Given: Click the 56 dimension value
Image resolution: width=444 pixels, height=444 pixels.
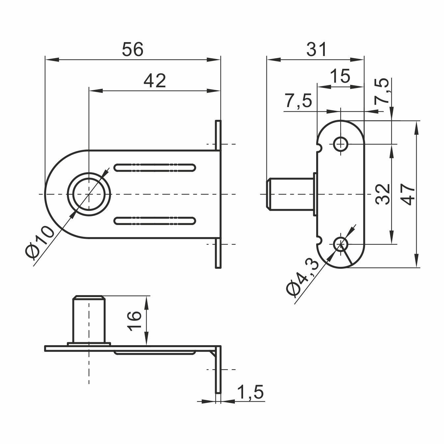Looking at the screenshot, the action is tap(132, 49).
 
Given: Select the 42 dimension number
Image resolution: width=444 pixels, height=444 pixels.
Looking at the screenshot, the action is tap(154, 81).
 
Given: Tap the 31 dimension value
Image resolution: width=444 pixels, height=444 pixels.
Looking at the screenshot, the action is tap(317, 49).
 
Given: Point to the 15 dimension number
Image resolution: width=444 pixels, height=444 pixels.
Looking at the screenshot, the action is tap(340, 76).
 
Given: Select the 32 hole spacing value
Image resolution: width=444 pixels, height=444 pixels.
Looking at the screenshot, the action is tap(382, 194).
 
